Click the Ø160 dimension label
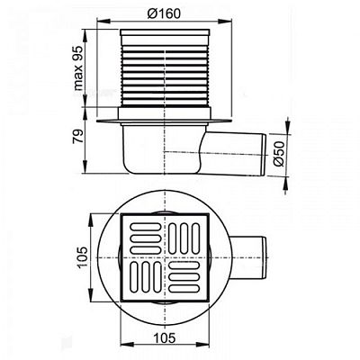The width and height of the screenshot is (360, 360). [x=164, y=13]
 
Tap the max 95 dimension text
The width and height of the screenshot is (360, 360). [x=78, y=68]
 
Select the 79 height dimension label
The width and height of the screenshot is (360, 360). [x=77, y=136]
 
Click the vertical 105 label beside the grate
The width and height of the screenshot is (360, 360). [x=83, y=257]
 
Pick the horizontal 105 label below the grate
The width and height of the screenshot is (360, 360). [x=164, y=338]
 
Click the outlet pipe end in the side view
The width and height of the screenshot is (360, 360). [x=264, y=155]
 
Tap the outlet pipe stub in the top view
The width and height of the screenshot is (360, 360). [x=248, y=258]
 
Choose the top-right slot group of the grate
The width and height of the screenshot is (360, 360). [x=184, y=238]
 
